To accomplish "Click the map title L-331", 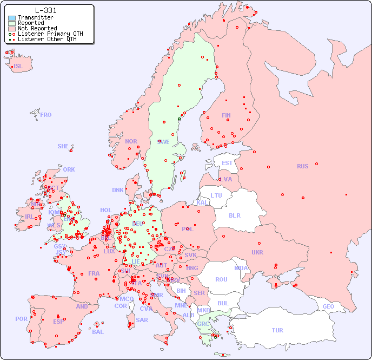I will point(45,10).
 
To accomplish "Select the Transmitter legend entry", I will point(35,17).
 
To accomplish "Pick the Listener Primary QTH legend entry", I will point(50,34).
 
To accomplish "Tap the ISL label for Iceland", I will point(18,67).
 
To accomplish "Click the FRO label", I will point(46,115).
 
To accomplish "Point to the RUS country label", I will point(302,166).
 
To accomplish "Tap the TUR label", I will point(277,330).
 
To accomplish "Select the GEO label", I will point(328,306).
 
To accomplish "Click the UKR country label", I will point(257,252).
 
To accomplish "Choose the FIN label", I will point(226,115).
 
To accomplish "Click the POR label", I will point(21,319).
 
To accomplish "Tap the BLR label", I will point(234,215).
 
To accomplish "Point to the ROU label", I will point(221,279).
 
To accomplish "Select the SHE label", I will point(63,146).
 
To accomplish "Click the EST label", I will point(227,163).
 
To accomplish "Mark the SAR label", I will point(142,320).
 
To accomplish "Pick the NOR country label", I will point(131,141).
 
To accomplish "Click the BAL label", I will point(98,332).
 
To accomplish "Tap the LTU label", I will point(216,195).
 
